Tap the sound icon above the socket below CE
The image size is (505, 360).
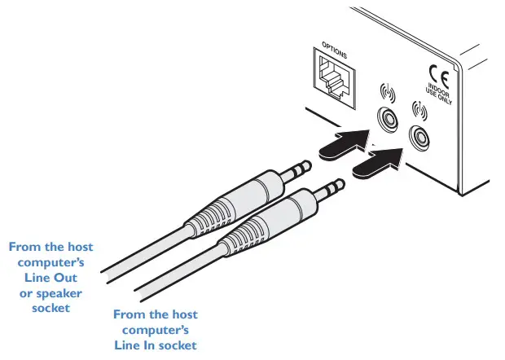(419, 109)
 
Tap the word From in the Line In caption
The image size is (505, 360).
(128, 314)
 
